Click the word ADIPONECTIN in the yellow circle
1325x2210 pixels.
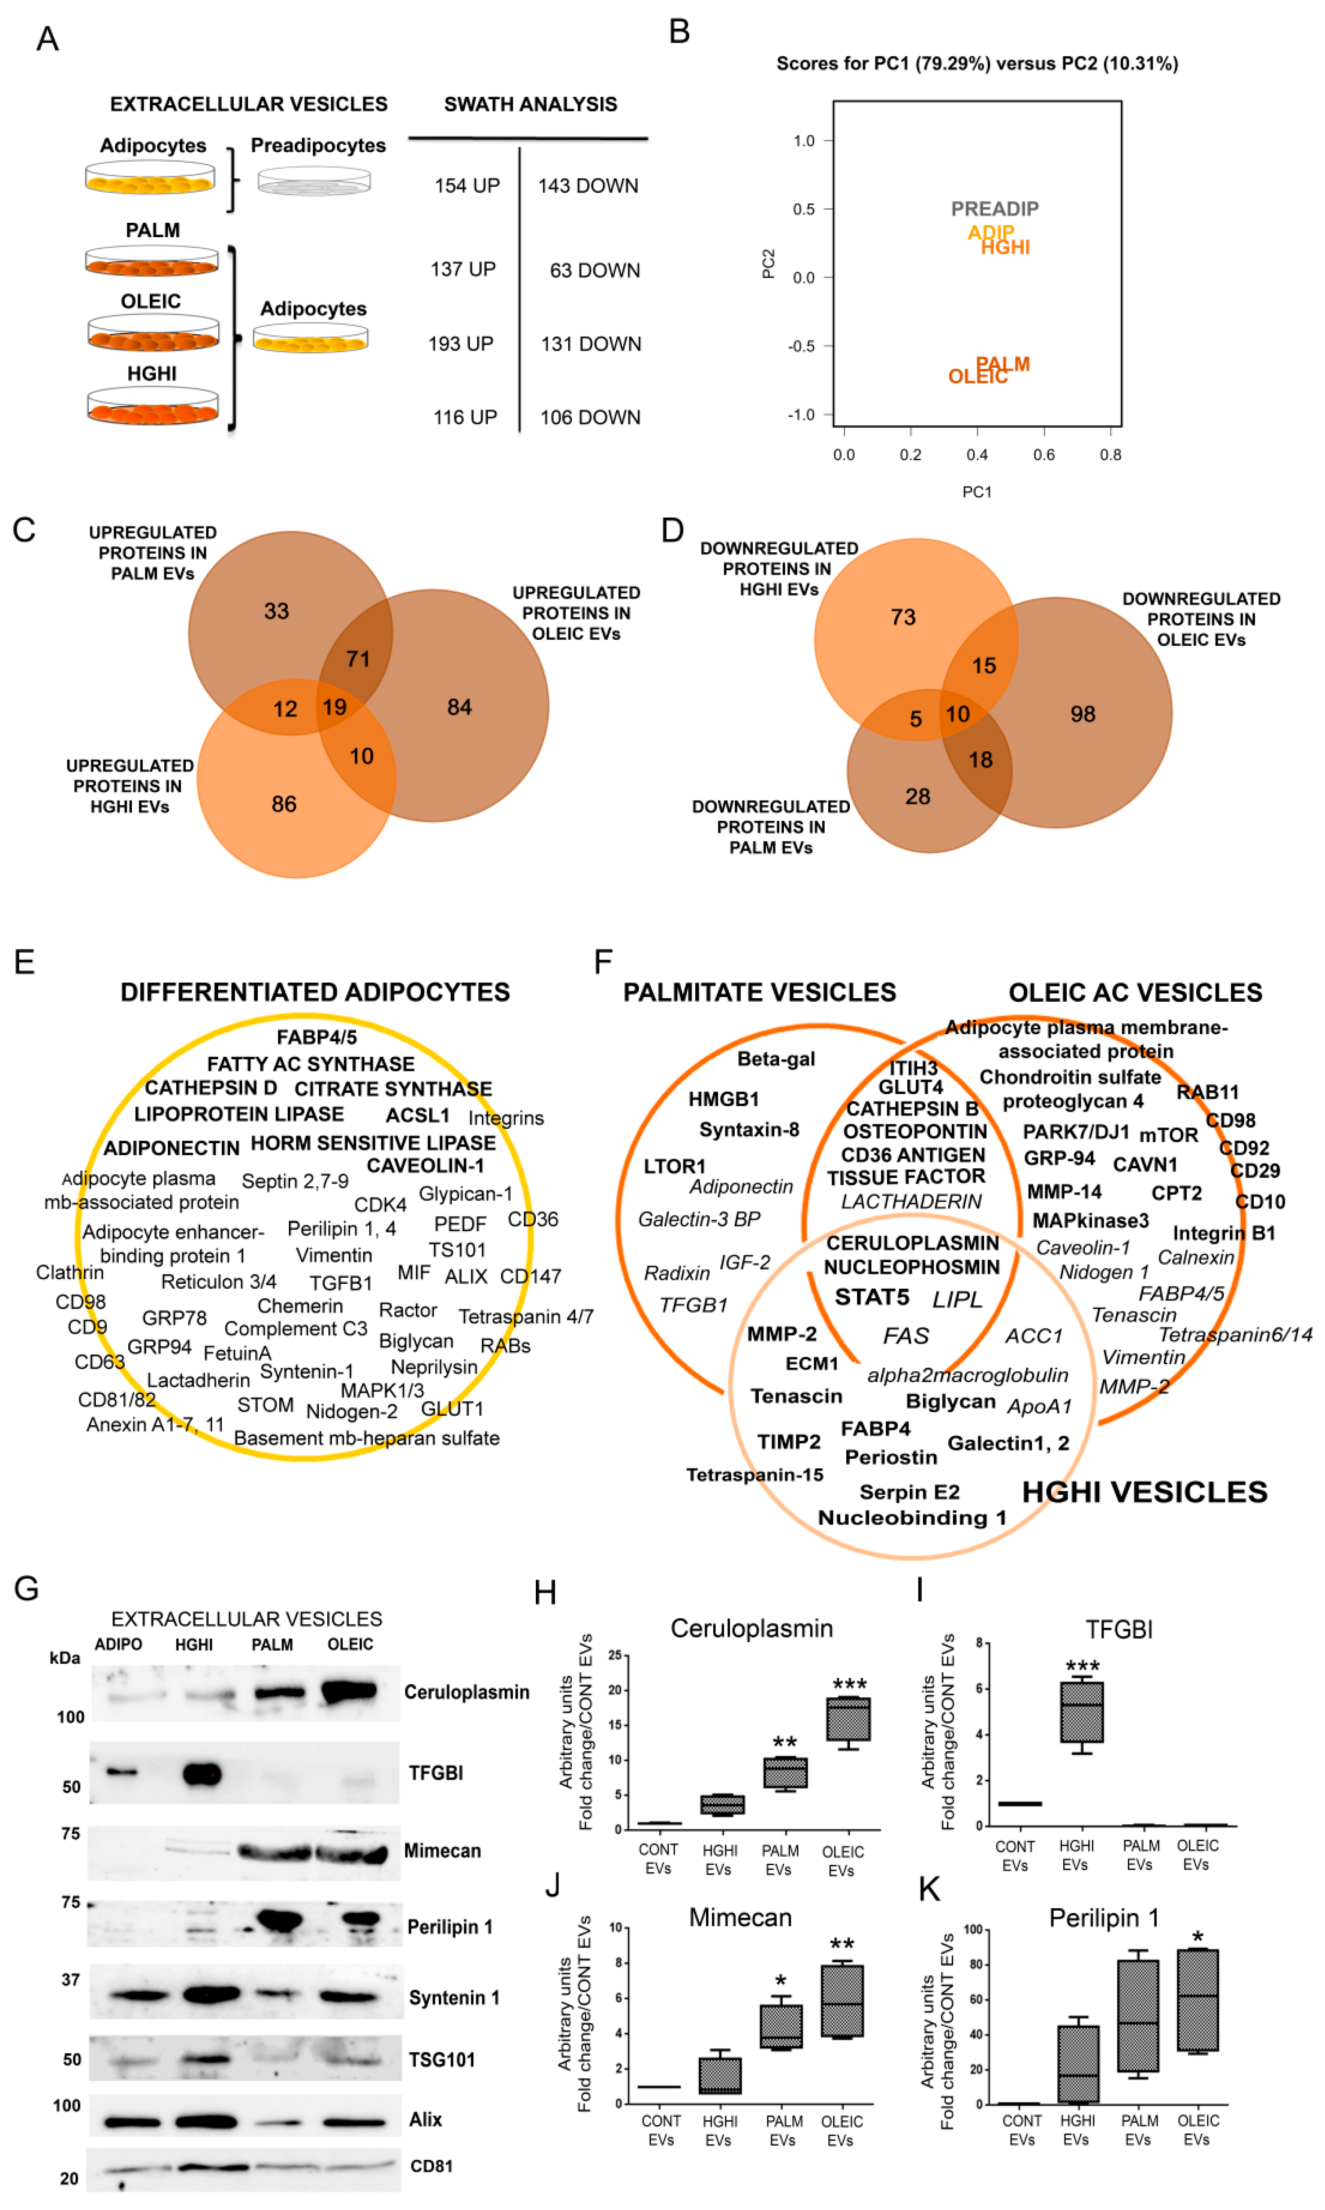tap(171, 1148)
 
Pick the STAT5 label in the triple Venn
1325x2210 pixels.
tap(871, 1297)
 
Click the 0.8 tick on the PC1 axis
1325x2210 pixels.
tap(1110, 455)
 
